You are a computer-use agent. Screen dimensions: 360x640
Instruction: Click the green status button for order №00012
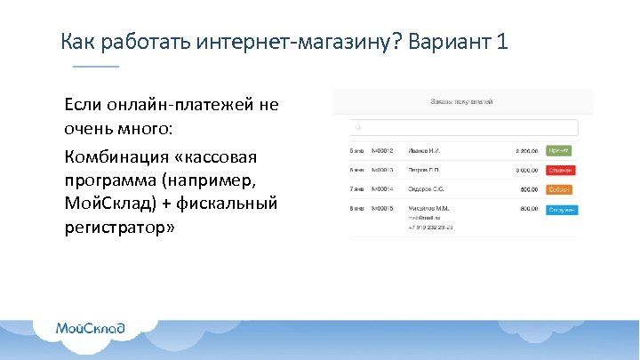click(560, 150)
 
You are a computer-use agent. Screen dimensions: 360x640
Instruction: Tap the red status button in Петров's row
click(560, 170)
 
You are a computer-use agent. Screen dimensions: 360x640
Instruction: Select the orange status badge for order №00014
click(559, 189)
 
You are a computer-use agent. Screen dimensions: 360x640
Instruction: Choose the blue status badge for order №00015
click(562, 209)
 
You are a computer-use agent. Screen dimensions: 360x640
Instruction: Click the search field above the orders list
click(461, 127)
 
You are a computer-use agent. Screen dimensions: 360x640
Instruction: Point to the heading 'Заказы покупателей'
click(461, 101)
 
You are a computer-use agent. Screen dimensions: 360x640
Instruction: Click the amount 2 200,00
click(525, 150)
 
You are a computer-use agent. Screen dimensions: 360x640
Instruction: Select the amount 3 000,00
click(525, 170)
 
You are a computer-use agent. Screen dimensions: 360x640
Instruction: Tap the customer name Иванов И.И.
click(427, 150)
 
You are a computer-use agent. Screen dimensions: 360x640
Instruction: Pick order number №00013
click(383, 170)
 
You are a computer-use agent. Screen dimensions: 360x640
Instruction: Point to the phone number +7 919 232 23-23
click(432, 228)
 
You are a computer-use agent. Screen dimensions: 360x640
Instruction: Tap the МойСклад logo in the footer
click(90, 327)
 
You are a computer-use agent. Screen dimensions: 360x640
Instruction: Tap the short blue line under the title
click(95, 67)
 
